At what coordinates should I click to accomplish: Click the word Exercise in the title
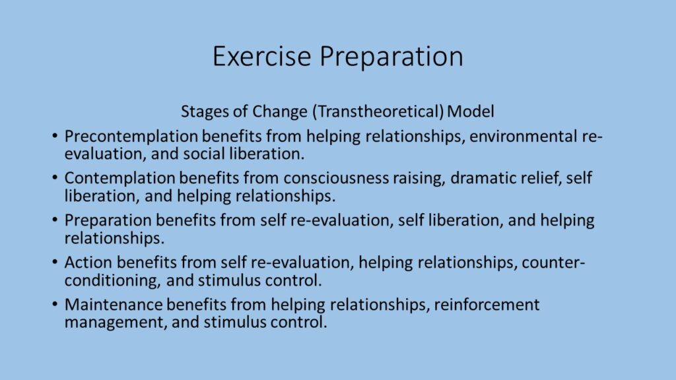coord(261,56)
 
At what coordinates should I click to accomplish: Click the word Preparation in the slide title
coord(391,57)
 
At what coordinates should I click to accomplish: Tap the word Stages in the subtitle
coord(205,111)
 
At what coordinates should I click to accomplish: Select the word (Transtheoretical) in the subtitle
coord(378,111)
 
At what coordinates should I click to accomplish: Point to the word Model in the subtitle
coord(470,111)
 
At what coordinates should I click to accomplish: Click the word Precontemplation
coord(131,137)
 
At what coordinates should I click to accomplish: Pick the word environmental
coord(523,136)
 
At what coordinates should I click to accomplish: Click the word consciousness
coord(336,178)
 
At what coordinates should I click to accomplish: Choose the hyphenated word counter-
coord(553,263)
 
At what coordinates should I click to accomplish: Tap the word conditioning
coord(113,280)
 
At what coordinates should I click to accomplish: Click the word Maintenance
coord(114,305)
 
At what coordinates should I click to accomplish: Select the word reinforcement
coord(487,305)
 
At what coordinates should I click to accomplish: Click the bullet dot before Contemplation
coord(54,177)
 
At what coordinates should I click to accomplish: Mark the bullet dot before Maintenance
coord(54,304)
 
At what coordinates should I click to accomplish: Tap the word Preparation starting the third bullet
coord(108,220)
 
